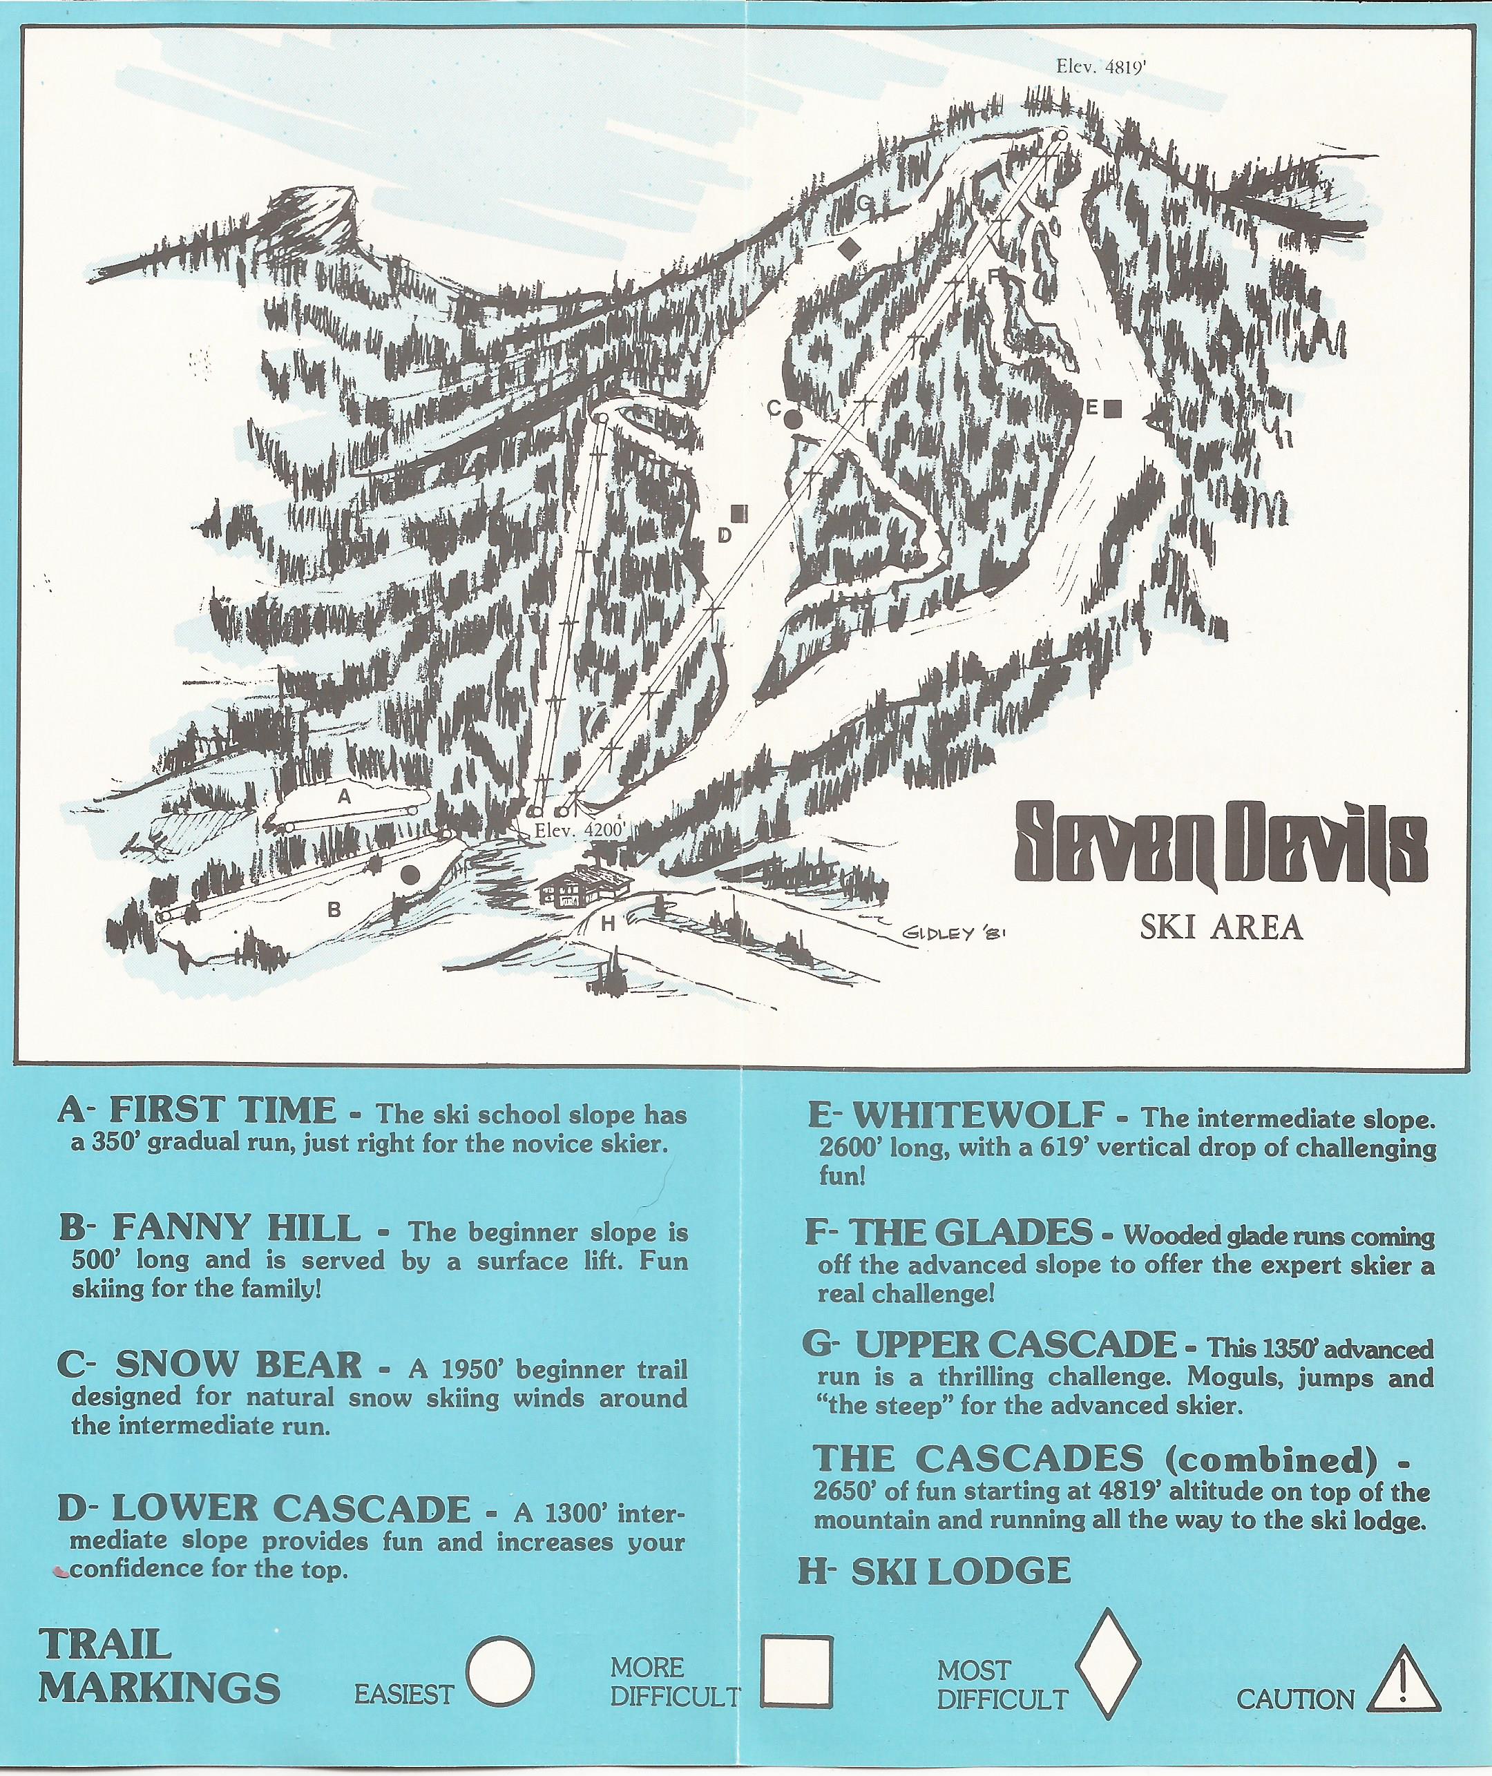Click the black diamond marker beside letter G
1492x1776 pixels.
[x=848, y=248]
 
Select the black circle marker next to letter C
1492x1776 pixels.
[x=794, y=417]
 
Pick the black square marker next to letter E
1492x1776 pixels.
[x=1113, y=409]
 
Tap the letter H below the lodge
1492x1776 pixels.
[x=607, y=923]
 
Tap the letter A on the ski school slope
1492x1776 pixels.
[x=344, y=796]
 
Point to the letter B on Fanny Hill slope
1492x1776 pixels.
[x=334, y=910]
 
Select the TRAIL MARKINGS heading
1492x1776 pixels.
[x=158, y=1666]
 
